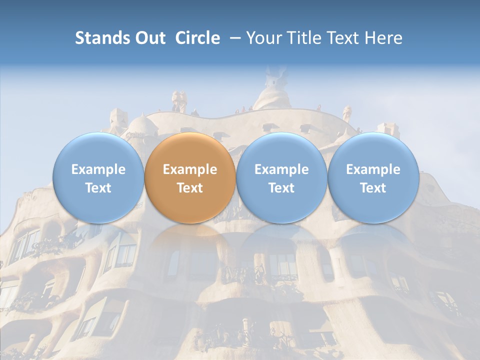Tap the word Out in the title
click(148, 38)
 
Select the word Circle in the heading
click(197, 38)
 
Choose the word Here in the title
click(383, 38)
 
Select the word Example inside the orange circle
click(190, 169)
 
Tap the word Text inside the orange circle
click(190, 188)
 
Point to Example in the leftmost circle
click(98, 169)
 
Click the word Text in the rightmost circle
click(373, 188)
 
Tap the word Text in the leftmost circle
click(98, 188)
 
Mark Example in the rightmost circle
click(373, 169)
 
